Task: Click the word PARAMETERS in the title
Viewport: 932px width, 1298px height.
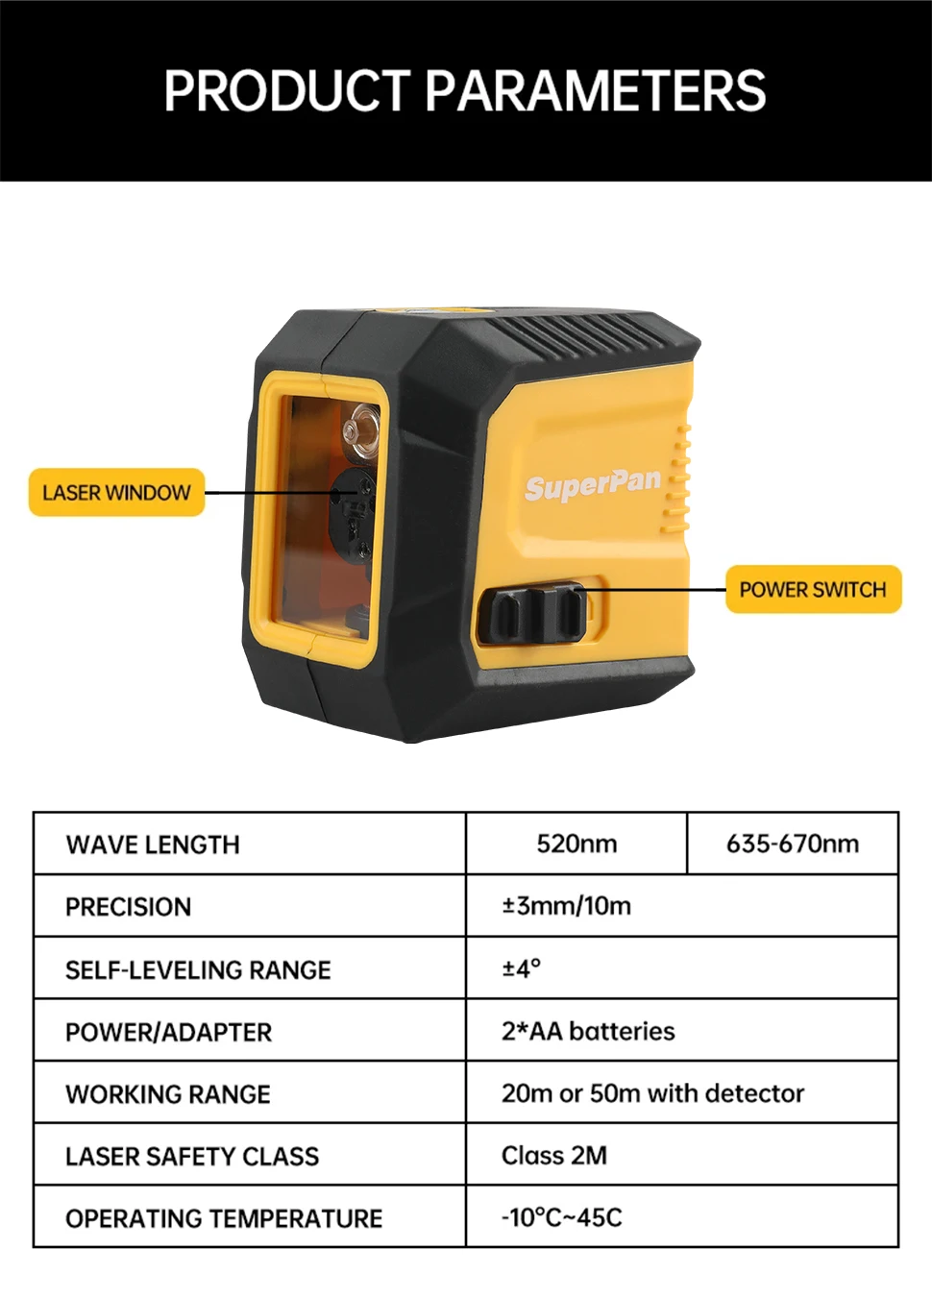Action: tap(595, 91)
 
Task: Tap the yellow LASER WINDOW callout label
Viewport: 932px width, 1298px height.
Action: tap(116, 493)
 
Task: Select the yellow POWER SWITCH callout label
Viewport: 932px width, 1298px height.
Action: tap(813, 590)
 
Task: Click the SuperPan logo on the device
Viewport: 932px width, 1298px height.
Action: tap(593, 484)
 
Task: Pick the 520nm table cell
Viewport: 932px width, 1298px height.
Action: tap(576, 844)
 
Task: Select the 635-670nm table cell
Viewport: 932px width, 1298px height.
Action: tap(793, 844)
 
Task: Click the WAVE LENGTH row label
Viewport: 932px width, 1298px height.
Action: tap(153, 845)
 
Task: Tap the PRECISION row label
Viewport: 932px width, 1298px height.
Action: tap(128, 907)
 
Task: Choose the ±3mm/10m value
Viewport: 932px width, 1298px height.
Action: tap(566, 906)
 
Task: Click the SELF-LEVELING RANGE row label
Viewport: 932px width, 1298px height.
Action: tap(198, 969)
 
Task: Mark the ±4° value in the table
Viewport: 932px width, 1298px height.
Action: tap(521, 968)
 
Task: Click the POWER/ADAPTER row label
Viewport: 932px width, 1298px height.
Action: tap(168, 1032)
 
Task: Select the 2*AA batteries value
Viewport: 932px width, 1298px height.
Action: tap(588, 1031)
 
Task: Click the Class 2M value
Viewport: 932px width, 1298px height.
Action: tap(554, 1155)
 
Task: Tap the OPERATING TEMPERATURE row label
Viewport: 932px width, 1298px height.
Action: tap(224, 1218)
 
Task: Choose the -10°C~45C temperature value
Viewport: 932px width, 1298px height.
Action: tap(562, 1217)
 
